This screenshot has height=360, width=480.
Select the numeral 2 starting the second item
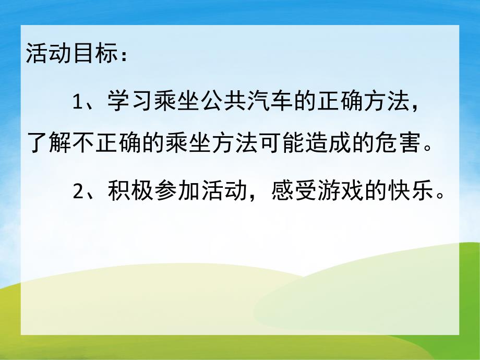(x=78, y=193)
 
